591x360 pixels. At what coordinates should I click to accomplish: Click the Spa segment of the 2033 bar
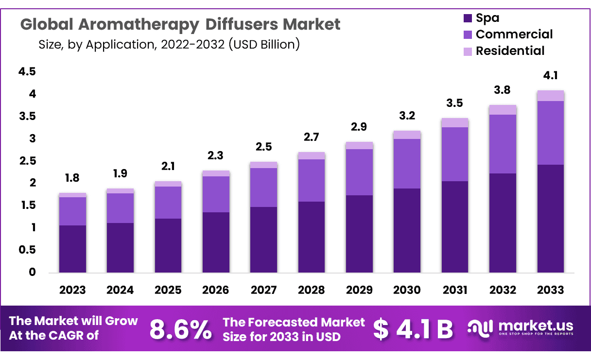click(550, 219)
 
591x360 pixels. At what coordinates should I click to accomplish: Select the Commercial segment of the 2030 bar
click(407, 164)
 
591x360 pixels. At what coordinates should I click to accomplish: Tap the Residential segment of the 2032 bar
click(503, 110)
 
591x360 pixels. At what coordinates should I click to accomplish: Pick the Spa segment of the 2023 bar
click(72, 249)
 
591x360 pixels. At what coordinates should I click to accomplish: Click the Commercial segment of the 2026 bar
click(216, 194)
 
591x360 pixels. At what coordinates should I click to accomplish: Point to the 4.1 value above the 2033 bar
click(550, 76)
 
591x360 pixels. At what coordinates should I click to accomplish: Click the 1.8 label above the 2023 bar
click(72, 178)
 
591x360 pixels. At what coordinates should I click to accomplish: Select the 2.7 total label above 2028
click(311, 137)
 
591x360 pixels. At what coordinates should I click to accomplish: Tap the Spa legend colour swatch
click(468, 18)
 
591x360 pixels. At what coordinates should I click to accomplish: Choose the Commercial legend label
click(514, 34)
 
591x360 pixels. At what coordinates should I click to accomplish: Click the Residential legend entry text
click(510, 51)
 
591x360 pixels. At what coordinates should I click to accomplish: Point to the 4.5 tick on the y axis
click(27, 72)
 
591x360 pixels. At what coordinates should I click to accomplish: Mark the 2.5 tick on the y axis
click(27, 161)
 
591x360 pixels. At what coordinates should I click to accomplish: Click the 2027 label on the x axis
click(263, 290)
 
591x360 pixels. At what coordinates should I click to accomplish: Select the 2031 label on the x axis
click(455, 290)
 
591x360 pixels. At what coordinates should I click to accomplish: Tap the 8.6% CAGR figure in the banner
click(180, 329)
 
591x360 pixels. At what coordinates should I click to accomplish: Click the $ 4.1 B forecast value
click(413, 329)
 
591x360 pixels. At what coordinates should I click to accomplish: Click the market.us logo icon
click(480, 328)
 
